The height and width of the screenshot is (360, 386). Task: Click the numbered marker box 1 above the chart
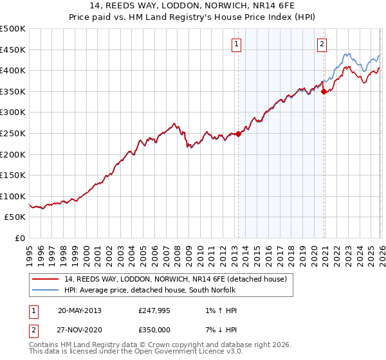pos(237,44)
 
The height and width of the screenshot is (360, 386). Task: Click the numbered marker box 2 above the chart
pos(322,44)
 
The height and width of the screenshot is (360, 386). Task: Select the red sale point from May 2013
pos(238,134)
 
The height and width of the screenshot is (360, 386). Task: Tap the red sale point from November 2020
pos(324,91)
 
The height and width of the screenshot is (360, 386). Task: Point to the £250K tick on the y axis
pos(13,133)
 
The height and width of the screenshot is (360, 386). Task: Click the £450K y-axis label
pos(13,50)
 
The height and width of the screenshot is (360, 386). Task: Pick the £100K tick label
pos(13,196)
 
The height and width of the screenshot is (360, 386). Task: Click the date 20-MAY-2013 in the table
pos(79,310)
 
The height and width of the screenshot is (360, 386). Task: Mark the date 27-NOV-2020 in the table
pos(79,332)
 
